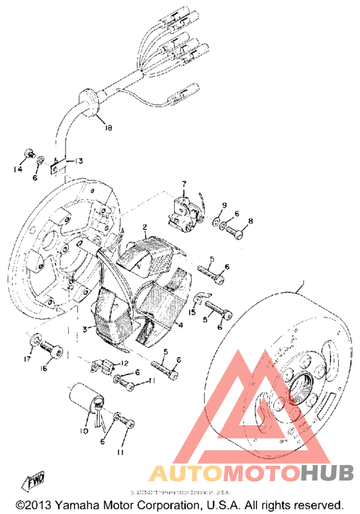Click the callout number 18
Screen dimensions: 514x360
click(x=107, y=128)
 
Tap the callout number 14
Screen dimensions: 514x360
click(x=19, y=169)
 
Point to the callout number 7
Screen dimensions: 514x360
click(x=183, y=184)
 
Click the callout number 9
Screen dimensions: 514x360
click(x=224, y=205)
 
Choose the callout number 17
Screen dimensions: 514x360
click(x=27, y=359)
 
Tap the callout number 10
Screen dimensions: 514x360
click(x=84, y=430)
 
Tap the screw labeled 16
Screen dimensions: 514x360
click(x=52, y=348)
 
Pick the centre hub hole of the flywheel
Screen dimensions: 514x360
click(x=300, y=391)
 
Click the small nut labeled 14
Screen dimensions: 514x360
click(x=29, y=154)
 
